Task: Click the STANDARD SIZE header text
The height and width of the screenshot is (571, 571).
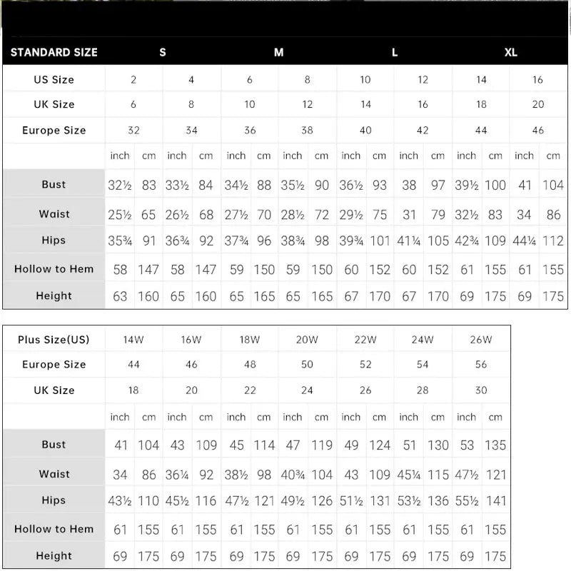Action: tap(54, 52)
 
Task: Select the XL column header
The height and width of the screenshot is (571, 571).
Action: tap(511, 52)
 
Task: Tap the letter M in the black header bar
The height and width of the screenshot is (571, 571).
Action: tap(278, 52)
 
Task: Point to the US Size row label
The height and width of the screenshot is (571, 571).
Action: tap(54, 80)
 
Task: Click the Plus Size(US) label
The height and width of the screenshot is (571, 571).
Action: tap(54, 340)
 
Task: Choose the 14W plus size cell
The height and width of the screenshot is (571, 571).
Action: tap(133, 340)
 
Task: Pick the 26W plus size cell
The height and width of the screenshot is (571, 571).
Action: tap(481, 340)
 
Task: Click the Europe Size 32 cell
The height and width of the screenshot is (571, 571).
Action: tap(133, 131)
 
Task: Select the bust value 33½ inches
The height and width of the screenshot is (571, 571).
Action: tap(177, 185)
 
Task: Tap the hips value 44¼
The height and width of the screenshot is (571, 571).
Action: tap(525, 241)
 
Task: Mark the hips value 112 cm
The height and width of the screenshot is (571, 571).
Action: tap(553, 241)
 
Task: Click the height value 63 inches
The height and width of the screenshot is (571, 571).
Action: tap(120, 295)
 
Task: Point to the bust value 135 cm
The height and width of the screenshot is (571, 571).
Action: tap(495, 445)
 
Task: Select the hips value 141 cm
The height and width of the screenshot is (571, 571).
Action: tap(495, 500)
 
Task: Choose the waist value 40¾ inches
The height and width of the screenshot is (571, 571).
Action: tap(293, 474)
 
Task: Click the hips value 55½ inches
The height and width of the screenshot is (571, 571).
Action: tap(467, 500)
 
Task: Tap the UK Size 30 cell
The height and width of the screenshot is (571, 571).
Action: tap(481, 390)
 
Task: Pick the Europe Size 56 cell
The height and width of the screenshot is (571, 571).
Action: tap(481, 365)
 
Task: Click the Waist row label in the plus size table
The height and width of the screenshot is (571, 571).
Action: tap(54, 474)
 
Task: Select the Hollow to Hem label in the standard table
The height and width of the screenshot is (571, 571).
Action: tap(54, 269)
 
